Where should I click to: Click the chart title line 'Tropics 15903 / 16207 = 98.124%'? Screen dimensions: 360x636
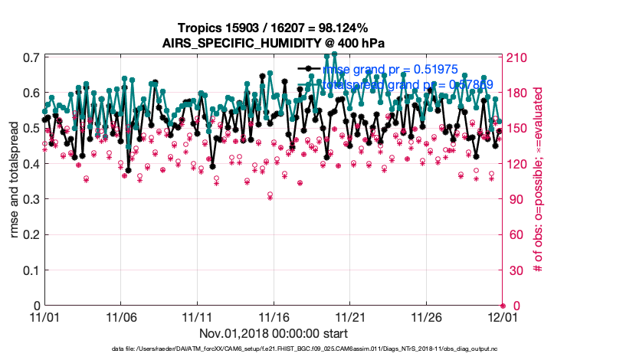click(x=273, y=28)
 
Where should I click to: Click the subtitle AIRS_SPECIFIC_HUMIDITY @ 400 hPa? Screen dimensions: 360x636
click(x=273, y=42)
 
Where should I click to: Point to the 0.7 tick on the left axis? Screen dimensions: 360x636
click(x=31, y=58)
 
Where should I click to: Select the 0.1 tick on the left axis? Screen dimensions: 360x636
click(x=31, y=270)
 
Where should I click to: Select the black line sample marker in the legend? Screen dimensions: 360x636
click(x=309, y=69)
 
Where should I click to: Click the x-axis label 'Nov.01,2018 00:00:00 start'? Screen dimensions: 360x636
click(x=274, y=333)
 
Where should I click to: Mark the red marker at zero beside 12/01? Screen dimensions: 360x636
click(x=503, y=306)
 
